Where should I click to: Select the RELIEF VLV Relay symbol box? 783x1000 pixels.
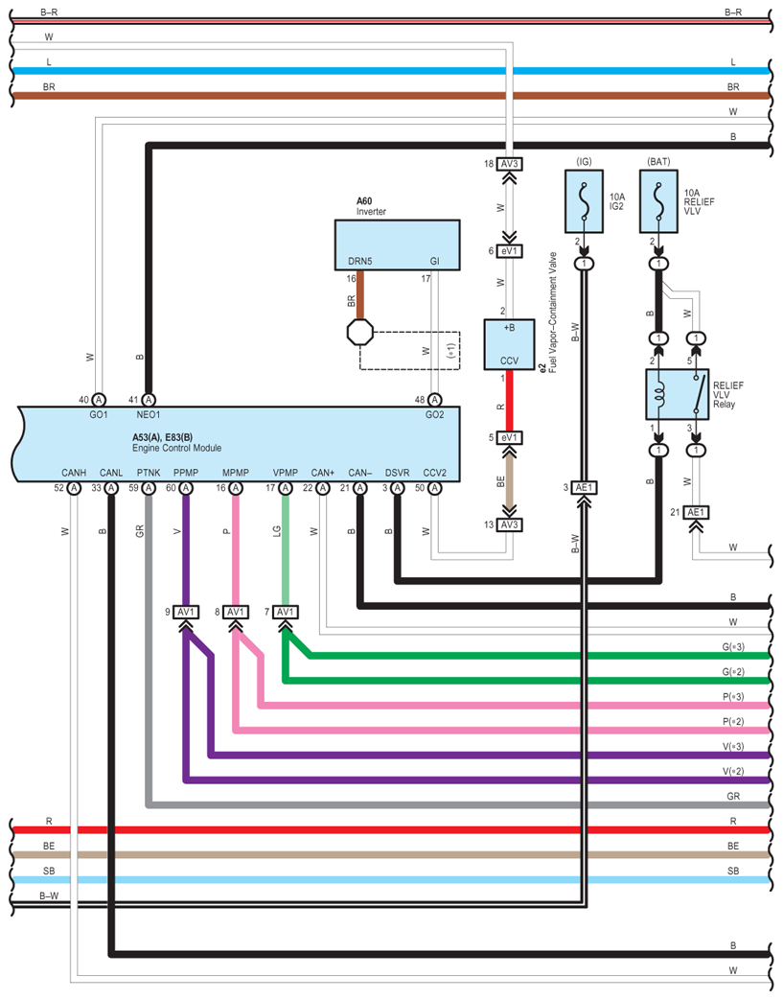(x=678, y=393)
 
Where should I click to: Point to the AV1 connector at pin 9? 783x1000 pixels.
(x=186, y=612)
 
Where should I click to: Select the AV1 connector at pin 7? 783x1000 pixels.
(x=285, y=612)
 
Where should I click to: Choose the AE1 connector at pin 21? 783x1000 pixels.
(x=696, y=513)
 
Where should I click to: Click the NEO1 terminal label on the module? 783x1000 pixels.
(x=148, y=415)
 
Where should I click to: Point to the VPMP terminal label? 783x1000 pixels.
(x=285, y=473)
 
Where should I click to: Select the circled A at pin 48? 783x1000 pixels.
(x=435, y=400)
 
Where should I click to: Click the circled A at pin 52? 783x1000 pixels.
(x=73, y=488)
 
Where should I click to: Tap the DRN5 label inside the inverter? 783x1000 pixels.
(x=359, y=261)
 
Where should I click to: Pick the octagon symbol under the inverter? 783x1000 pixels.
(x=359, y=335)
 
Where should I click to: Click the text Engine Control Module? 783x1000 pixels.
(x=176, y=448)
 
